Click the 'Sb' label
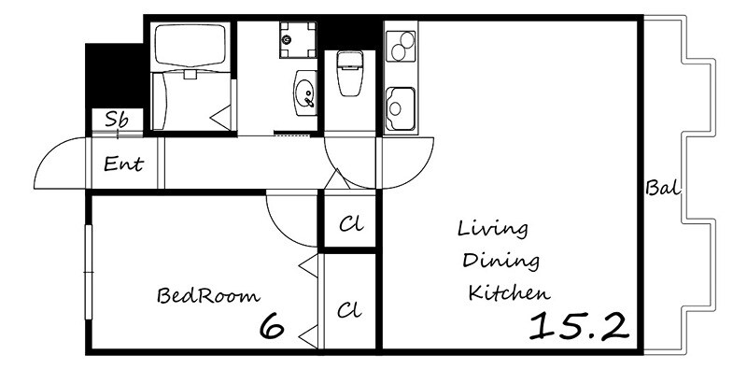pyautogui.click(x=116, y=120)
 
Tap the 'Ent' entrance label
pyautogui.click(x=123, y=164)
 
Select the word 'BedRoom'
pyautogui.click(x=208, y=295)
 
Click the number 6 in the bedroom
pyautogui.click(x=272, y=326)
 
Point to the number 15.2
pyautogui.click(x=579, y=326)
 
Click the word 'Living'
pyautogui.click(x=493, y=230)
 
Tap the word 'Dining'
pyautogui.click(x=501, y=262)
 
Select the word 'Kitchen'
pyautogui.click(x=509, y=292)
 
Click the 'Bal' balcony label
pyautogui.click(x=662, y=188)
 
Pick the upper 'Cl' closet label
pyautogui.click(x=351, y=223)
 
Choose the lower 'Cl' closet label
pyautogui.click(x=349, y=310)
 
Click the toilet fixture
pyautogui.click(x=349, y=73)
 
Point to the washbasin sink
pyautogui.click(x=305, y=93)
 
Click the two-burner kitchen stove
pyautogui.click(x=401, y=47)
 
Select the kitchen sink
pyautogui.click(x=401, y=108)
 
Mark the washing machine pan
pyautogui.click(x=298, y=39)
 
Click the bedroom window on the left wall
pyautogui.click(x=88, y=272)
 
